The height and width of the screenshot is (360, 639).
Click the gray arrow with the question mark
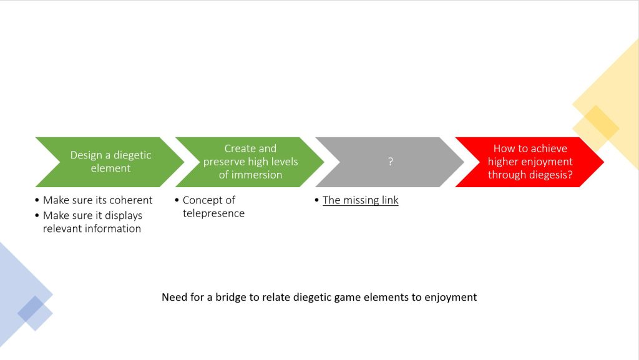point(390,162)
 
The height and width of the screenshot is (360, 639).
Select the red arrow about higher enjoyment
point(530,162)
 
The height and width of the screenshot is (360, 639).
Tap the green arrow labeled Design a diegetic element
point(110,162)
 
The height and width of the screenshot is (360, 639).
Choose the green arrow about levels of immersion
point(250,162)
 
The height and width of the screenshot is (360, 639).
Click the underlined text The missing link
point(360,200)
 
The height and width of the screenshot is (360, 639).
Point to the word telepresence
point(213,213)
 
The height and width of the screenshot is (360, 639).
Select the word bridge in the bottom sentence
point(233,297)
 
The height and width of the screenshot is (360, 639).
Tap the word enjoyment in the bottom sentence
point(450,297)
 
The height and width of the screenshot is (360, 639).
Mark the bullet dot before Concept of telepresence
point(177,200)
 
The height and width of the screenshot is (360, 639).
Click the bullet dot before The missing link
point(317,200)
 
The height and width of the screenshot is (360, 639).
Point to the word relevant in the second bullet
point(64,228)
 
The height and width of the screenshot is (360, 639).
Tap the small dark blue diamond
point(31,309)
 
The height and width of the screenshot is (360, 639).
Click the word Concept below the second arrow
point(203,200)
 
